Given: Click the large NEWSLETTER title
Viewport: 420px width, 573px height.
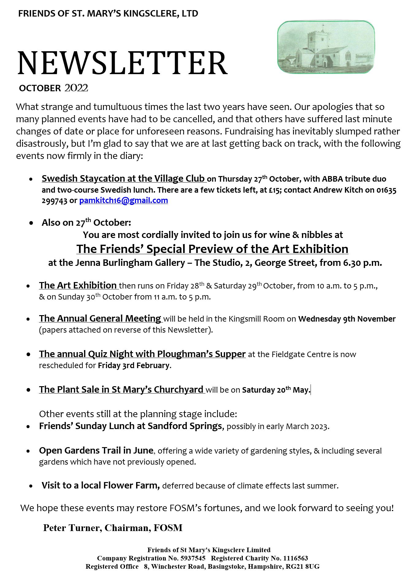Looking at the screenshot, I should (x=122, y=63).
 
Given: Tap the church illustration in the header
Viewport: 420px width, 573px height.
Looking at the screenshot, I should (x=326, y=47).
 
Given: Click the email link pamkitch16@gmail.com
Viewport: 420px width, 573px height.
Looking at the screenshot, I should (x=124, y=201).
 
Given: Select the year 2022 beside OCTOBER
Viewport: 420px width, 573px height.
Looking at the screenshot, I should (x=76, y=88).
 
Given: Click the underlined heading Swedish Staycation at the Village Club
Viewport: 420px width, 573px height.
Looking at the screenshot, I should (x=123, y=179).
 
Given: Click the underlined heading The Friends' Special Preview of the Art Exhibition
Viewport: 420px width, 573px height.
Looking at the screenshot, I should (x=212, y=249).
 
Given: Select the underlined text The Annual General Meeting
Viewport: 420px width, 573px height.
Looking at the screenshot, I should (x=100, y=319).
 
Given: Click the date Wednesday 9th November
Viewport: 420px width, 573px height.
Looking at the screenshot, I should (x=347, y=319).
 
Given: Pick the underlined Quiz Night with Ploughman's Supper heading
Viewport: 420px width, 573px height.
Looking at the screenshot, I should (x=142, y=354).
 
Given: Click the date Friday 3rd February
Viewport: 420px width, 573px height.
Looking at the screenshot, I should (x=133, y=365).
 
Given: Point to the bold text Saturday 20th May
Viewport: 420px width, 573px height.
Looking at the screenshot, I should (x=276, y=390).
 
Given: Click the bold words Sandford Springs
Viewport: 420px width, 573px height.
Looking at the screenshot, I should (x=185, y=426).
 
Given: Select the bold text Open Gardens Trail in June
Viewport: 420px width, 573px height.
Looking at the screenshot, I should (x=96, y=450).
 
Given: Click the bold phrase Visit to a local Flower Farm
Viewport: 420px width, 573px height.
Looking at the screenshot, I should (x=101, y=485).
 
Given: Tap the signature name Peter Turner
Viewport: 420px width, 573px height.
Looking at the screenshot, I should (x=72, y=528).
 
